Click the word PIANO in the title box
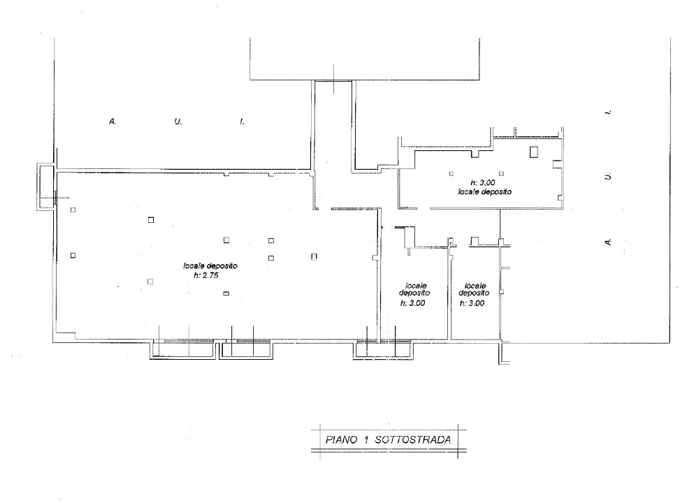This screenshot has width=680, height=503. [341, 439]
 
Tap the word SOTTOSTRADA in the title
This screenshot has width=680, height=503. [413, 439]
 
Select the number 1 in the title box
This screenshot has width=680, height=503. [366, 439]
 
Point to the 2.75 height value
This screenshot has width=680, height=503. [211, 275]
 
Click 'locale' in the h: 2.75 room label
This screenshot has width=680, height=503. [194, 265]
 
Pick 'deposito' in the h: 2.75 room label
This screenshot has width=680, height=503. [222, 265]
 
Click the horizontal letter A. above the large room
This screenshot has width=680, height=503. [113, 122]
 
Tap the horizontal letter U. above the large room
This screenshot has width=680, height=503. [178, 122]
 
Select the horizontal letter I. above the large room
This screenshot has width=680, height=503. [242, 122]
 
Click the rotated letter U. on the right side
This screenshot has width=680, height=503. [609, 176]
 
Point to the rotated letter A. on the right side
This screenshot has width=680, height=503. [609, 242]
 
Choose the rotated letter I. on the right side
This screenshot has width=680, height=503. [609, 112]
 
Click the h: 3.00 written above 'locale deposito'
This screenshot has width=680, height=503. [483, 183]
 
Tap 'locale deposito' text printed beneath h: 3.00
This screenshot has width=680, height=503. [485, 191]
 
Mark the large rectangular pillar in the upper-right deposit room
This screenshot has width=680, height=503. [533, 152]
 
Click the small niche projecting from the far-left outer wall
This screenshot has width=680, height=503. [45, 187]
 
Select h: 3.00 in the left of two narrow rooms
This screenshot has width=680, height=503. [412, 303]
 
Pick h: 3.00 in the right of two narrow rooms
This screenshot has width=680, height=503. [472, 303]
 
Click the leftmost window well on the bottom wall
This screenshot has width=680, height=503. [183, 351]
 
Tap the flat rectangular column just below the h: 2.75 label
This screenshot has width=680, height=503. [226, 293]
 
